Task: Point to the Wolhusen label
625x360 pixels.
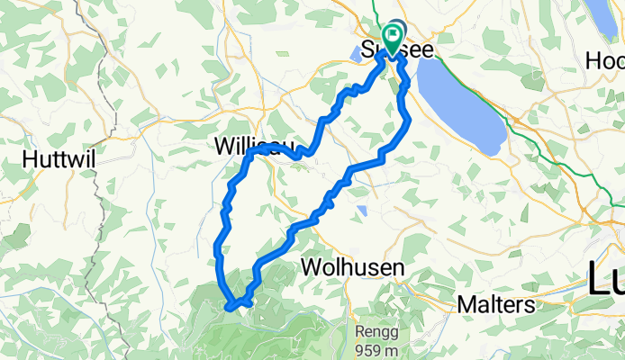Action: point(352,267)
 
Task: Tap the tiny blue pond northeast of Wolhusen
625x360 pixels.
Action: point(361,211)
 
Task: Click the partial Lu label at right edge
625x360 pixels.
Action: point(605,279)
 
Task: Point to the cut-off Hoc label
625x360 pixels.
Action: point(605,60)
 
